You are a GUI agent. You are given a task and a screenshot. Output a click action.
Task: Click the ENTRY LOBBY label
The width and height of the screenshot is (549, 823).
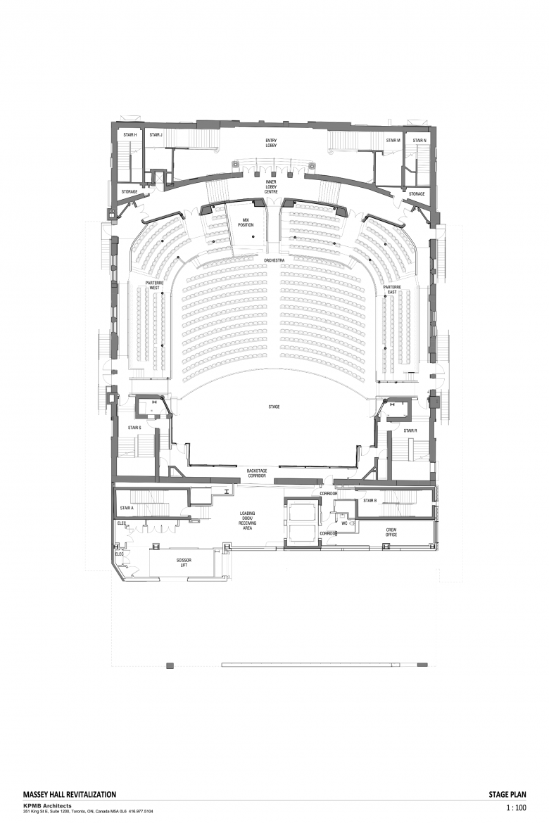click(271, 143)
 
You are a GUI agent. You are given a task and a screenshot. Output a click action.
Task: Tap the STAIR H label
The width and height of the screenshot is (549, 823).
click(130, 134)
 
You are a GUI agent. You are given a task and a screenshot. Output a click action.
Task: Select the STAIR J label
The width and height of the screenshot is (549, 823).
click(156, 134)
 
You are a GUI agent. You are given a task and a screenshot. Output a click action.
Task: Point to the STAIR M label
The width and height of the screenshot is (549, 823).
click(393, 141)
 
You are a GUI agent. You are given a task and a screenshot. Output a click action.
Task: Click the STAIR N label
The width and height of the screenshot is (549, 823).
click(419, 141)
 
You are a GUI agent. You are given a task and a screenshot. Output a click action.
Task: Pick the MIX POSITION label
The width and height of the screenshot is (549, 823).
click(246, 223)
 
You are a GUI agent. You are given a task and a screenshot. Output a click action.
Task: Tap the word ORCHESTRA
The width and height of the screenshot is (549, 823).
click(274, 260)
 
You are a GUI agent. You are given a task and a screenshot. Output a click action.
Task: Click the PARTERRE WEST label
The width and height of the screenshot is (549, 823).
click(154, 286)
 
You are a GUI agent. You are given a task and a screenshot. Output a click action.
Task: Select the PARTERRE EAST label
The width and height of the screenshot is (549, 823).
click(391, 289)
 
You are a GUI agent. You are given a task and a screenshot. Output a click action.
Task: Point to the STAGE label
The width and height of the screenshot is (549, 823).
click(274, 407)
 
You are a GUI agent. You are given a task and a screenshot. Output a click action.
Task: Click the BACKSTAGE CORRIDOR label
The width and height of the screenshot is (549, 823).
click(257, 473)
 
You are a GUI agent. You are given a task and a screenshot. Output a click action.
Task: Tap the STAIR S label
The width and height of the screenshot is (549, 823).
click(134, 428)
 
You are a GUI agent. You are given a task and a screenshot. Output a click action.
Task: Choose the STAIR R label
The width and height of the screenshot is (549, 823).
click(410, 430)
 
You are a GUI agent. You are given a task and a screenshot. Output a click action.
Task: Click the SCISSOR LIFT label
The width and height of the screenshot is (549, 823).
click(184, 563)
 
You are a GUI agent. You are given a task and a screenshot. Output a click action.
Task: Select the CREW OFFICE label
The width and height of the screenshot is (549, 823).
click(391, 532)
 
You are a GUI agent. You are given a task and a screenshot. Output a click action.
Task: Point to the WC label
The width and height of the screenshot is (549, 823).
click(345, 523)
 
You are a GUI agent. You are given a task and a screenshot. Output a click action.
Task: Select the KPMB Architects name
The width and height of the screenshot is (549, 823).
click(47, 805)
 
